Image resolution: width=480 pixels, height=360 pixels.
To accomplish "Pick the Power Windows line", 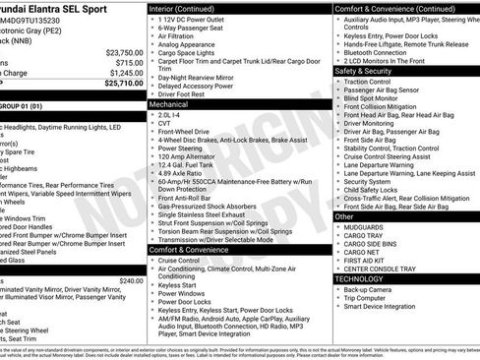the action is [182, 292].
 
